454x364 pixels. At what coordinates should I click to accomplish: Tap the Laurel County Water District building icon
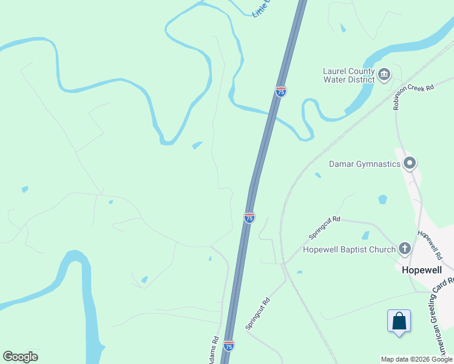[384, 75]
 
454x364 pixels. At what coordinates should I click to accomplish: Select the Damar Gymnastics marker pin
[410, 163]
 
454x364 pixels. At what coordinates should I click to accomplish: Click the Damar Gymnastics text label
[364, 164]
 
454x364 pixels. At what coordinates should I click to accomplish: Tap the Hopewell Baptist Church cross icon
[405, 248]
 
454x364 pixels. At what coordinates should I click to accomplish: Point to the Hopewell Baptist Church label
[349, 249]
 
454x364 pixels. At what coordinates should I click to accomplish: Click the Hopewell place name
[424, 271]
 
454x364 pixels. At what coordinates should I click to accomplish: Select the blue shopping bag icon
[399, 321]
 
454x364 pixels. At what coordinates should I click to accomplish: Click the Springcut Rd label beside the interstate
[257, 313]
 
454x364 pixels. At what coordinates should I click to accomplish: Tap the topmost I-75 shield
[281, 92]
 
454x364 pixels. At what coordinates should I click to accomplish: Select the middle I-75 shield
[249, 217]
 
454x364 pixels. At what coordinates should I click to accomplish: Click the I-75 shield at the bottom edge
[228, 346]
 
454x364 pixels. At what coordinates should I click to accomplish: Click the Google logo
[20, 357]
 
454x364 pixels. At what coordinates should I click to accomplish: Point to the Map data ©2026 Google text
[416, 359]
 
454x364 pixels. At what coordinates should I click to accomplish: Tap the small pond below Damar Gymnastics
[382, 199]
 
